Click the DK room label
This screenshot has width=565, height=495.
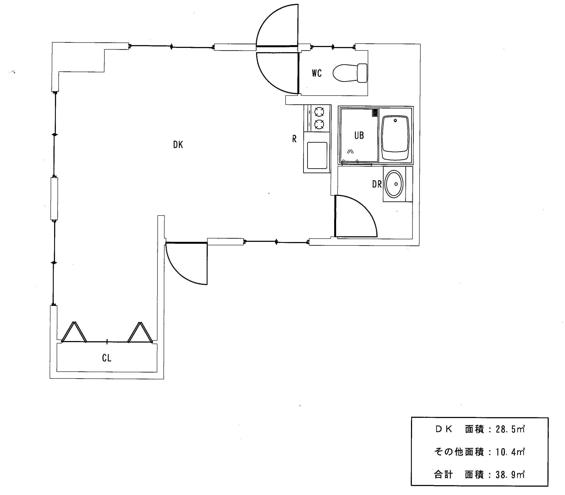pyautogui.click(x=178, y=145)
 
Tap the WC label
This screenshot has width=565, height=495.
pyautogui.click(x=317, y=73)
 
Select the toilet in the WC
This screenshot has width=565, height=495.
pyautogui.click(x=350, y=73)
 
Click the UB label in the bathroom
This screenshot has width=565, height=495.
pyautogui.click(x=359, y=135)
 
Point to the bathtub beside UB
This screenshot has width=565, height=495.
pyautogui.click(x=395, y=138)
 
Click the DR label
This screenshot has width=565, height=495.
pyautogui.click(x=377, y=184)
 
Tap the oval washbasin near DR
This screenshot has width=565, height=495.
pyautogui.click(x=394, y=184)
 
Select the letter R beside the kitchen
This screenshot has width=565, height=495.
pyautogui.click(x=294, y=139)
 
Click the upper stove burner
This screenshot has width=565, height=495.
pyautogui.click(x=319, y=112)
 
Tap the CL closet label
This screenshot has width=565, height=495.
pyautogui.click(x=107, y=358)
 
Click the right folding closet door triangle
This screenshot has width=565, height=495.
pyautogui.click(x=140, y=332)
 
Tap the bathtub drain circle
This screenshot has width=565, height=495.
pyautogui.click(x=396, y=120)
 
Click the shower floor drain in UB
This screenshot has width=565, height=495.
pyautogui.click(x=375, y=113)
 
